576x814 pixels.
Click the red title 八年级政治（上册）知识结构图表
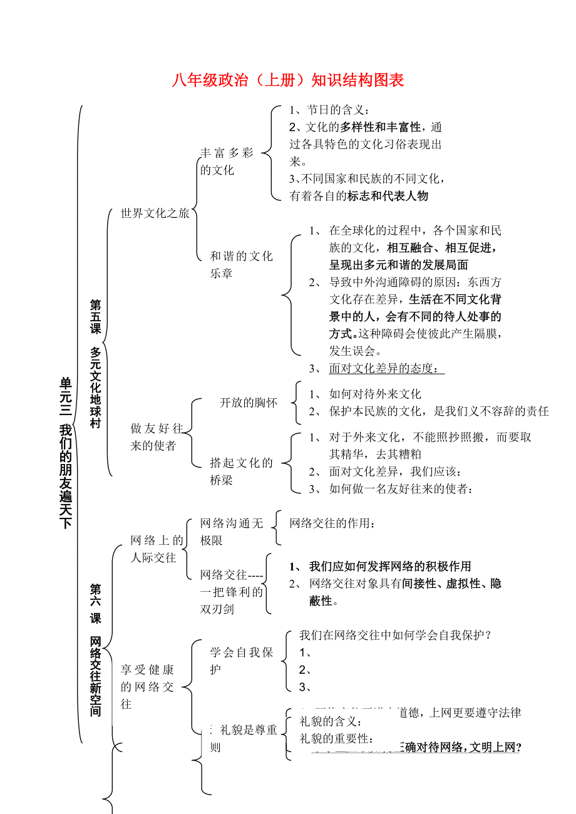click(288, 80)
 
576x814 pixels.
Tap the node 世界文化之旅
click(155, 214)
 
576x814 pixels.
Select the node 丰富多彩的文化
click(227, 161)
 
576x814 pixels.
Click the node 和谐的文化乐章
click(241, 264)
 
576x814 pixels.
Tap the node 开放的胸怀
click(249, 402)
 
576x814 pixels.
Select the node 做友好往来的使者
click(157, 437)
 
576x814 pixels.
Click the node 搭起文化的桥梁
click(241, 471)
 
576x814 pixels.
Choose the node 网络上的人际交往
click(157, 549)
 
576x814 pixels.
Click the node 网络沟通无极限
click(232, 532)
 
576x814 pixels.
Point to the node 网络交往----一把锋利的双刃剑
click(232, 591)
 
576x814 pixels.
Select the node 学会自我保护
click(242, 661)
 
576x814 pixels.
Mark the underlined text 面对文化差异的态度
click(383, 368)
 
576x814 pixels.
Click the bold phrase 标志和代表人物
click(388, 196)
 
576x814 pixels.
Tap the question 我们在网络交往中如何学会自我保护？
click(394, 635)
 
